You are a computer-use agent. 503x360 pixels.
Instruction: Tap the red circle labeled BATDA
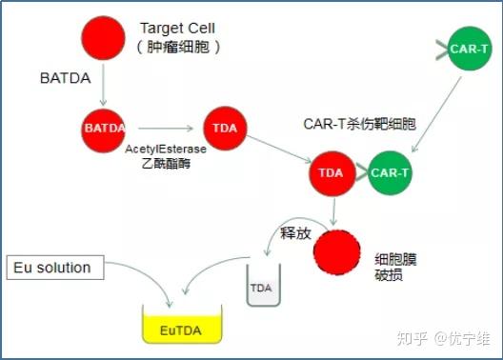point(104,127)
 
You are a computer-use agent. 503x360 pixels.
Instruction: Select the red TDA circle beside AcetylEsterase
point(226,128)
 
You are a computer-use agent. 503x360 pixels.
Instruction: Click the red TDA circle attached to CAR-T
point(331,172)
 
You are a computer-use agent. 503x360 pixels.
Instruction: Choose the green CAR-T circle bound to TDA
point(389,172)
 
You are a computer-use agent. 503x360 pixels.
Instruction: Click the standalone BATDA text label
point(66,78)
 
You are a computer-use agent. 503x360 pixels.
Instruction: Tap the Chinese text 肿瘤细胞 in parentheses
point(179,46)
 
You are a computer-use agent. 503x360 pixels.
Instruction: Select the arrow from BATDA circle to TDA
point(163,128)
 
